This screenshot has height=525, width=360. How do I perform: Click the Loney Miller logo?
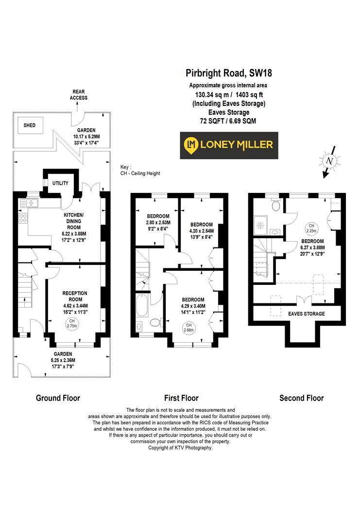(x=229, y=145)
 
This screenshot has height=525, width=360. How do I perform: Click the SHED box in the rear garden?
(x=30, y=125)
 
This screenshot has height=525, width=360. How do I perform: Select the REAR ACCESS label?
(x=78, y=95)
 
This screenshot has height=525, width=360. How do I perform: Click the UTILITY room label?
(x=60, y=183)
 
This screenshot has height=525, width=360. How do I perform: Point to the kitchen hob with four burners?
(x=23, y=218)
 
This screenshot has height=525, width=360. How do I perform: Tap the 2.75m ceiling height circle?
(x=71, y=323)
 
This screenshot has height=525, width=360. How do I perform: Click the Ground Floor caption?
(x=58, y=398)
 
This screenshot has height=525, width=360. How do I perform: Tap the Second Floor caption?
(x=301, y=398)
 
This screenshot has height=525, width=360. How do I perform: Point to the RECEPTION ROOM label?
(x=74, y=296)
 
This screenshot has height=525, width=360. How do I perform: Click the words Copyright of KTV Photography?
(x=180, y=448)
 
